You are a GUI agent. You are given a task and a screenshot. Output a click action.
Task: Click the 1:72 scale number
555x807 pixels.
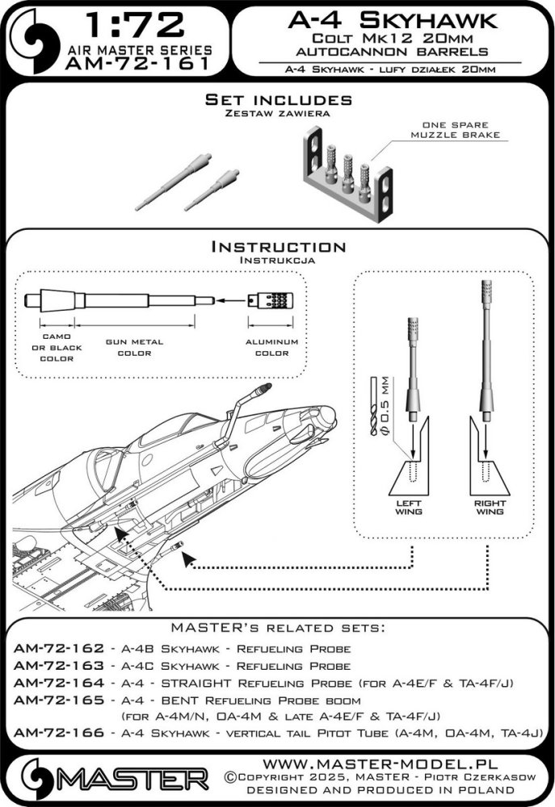pyautogui.click(x=135, y=25)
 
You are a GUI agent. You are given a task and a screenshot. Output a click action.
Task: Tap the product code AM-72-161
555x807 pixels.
pyautogui.click(x=138, y=64)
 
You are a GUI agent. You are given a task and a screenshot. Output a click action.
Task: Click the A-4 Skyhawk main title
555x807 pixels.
pyautogui.click(x=393, y=20)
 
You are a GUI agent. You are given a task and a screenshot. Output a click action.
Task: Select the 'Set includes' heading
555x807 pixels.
pyautogui.click(x=278, y=100)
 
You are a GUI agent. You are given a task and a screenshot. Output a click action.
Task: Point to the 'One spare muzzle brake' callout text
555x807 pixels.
pyautogui.click(x=455, y=130)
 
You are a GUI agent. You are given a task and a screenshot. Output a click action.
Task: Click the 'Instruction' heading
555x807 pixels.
pyautogui.click(x=278, y=246)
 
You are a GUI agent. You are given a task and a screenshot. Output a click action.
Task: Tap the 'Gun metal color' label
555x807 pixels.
pyautogui.click(x=134, y=347)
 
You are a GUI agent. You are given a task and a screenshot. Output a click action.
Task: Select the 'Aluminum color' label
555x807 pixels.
pyautogui.click(x=271, y=347)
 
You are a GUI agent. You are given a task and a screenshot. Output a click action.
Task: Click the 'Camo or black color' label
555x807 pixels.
pyautogui.click(x=57, y=347)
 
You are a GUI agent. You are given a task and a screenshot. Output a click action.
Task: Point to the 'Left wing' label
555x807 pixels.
pyautogui.click(x=409, y=508)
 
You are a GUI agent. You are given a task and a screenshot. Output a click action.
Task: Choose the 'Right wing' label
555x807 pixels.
pyautogui.click(x=490, y=508)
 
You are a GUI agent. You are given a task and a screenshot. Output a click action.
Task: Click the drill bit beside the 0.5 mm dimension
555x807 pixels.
pyautogui.click(x=374, y=406)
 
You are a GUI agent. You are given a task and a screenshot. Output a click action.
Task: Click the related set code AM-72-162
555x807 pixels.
pyautogui.click(x=59, y=649)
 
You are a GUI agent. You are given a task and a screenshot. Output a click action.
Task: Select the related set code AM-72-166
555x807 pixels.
pyautogui.click(x=59, y=733)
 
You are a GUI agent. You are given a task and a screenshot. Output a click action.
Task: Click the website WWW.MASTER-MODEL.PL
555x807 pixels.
pyautogui.click(x=381, y=763)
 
